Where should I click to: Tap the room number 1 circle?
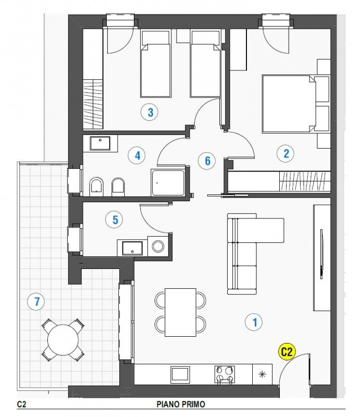[254, 322]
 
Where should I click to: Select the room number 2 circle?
[286, 153]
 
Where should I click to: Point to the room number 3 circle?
[150, 112]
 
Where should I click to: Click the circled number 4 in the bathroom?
[137, 155]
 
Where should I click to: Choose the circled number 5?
[115, 219]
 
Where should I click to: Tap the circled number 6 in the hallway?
[207, 161]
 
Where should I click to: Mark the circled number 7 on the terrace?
[36, 301]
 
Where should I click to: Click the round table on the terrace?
[63, 340]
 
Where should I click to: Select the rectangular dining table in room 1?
[181, 312]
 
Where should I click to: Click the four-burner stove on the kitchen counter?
[225, 374]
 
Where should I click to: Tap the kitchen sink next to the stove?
[181, 374]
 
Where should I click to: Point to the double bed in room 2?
[289, 104]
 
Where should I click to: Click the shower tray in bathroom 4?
[168, 183]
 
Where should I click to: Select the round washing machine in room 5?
[158, 246]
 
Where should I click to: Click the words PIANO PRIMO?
[181, 404]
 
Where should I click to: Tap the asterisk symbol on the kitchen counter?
[262, 374]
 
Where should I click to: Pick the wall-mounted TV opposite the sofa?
[322, 254]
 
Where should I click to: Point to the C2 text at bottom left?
[21, 404]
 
